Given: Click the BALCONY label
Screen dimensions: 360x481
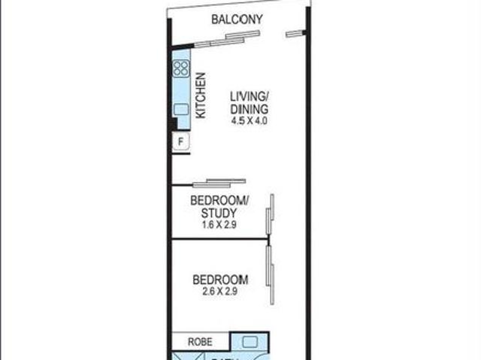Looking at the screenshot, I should [x=236, y=20].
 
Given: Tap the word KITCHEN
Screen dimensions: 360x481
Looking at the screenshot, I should [x=201, y=95].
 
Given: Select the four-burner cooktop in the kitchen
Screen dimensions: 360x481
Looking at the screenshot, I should [x=181, y=70].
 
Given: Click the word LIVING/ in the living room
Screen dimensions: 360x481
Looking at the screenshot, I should [x=249, y=96].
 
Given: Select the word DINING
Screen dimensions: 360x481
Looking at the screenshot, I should [x=249, y=109].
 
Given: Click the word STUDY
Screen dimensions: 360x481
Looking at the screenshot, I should [x=219, y=213].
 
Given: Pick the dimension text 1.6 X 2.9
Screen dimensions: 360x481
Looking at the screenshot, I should [x=219, y=225].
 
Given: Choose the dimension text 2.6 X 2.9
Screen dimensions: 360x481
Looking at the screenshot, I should [x=219, y=292].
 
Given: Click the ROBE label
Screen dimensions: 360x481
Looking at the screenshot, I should [x=200, y=341].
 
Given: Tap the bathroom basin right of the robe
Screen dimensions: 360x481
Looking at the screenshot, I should [x=250, y=342].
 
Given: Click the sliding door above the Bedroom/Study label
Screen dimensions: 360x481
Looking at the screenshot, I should [x=219, y=182].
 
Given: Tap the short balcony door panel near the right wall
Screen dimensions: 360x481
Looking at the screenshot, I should [x=297, y=32].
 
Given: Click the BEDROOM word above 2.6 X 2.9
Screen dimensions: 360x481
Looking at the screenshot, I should [x=219, y=280].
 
